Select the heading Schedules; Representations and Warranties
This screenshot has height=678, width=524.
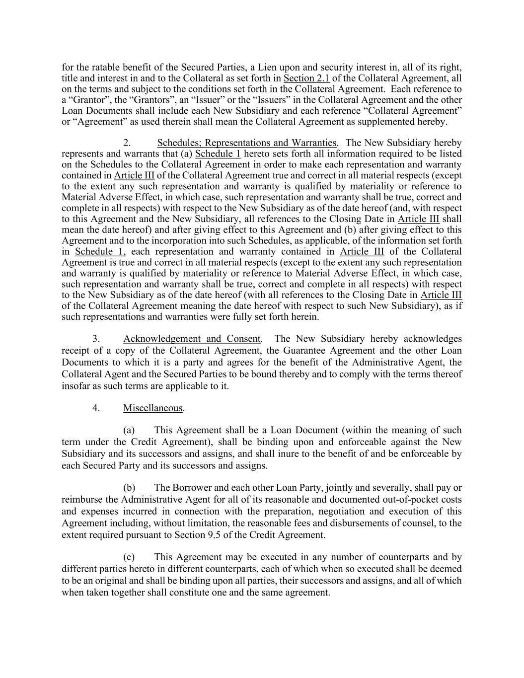(246, 143)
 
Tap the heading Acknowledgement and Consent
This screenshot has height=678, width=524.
(192, 339)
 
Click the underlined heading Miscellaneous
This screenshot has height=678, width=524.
(153, 408)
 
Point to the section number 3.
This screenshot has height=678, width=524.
(96, 339)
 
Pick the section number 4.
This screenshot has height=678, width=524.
(96, 408)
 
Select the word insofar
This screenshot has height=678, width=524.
(76, 386)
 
